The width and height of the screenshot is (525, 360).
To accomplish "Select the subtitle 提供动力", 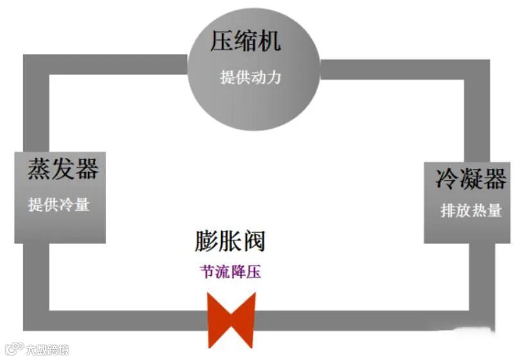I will (x=251, y=77).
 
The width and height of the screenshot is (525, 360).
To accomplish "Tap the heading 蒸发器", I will (x=62, y=168).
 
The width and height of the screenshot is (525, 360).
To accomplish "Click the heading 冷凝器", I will (x=470, y=179).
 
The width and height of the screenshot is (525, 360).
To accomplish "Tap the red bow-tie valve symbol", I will (x=231, y=319).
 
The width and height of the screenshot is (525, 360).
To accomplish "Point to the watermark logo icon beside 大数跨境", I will (x=13, y=349).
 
